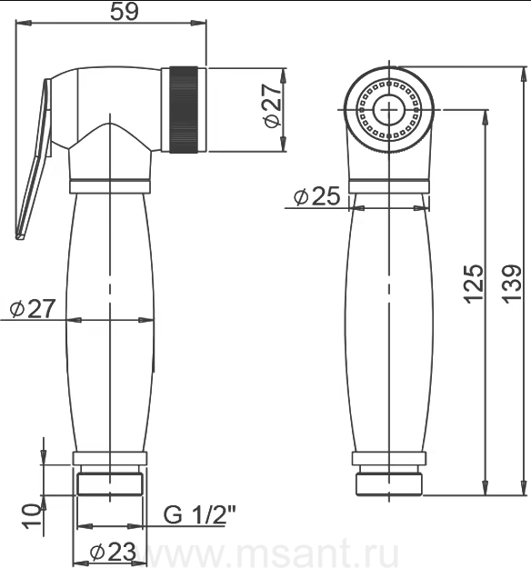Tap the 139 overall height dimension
512,284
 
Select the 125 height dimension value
474,284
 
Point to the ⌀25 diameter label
317,196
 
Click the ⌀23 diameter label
113,551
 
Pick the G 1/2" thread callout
199,514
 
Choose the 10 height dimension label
32,516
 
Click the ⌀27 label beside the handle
33,308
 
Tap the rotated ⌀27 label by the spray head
273,105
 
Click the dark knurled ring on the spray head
184,109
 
